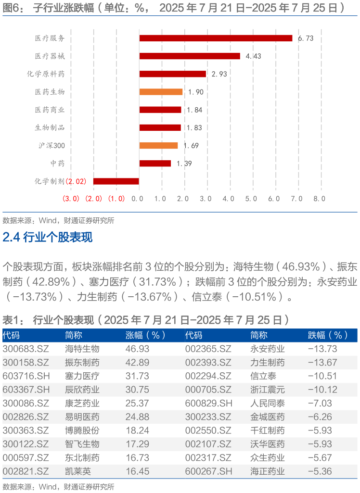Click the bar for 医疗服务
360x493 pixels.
[216, 38]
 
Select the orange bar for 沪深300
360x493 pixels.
[158, 145]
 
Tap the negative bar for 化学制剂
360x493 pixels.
[116, 181]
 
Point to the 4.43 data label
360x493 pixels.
[253, 56]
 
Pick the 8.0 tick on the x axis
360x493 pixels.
[320, 198]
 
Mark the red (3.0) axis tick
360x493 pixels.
[71, 198]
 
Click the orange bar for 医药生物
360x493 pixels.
[161, 92]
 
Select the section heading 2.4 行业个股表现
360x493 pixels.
[48, 237]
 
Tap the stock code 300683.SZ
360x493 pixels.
[23, 349]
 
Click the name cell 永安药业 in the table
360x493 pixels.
[267, 349]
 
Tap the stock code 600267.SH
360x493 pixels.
[206, 471]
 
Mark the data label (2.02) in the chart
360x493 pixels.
[76, 181]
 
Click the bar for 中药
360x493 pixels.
[155, 164]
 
